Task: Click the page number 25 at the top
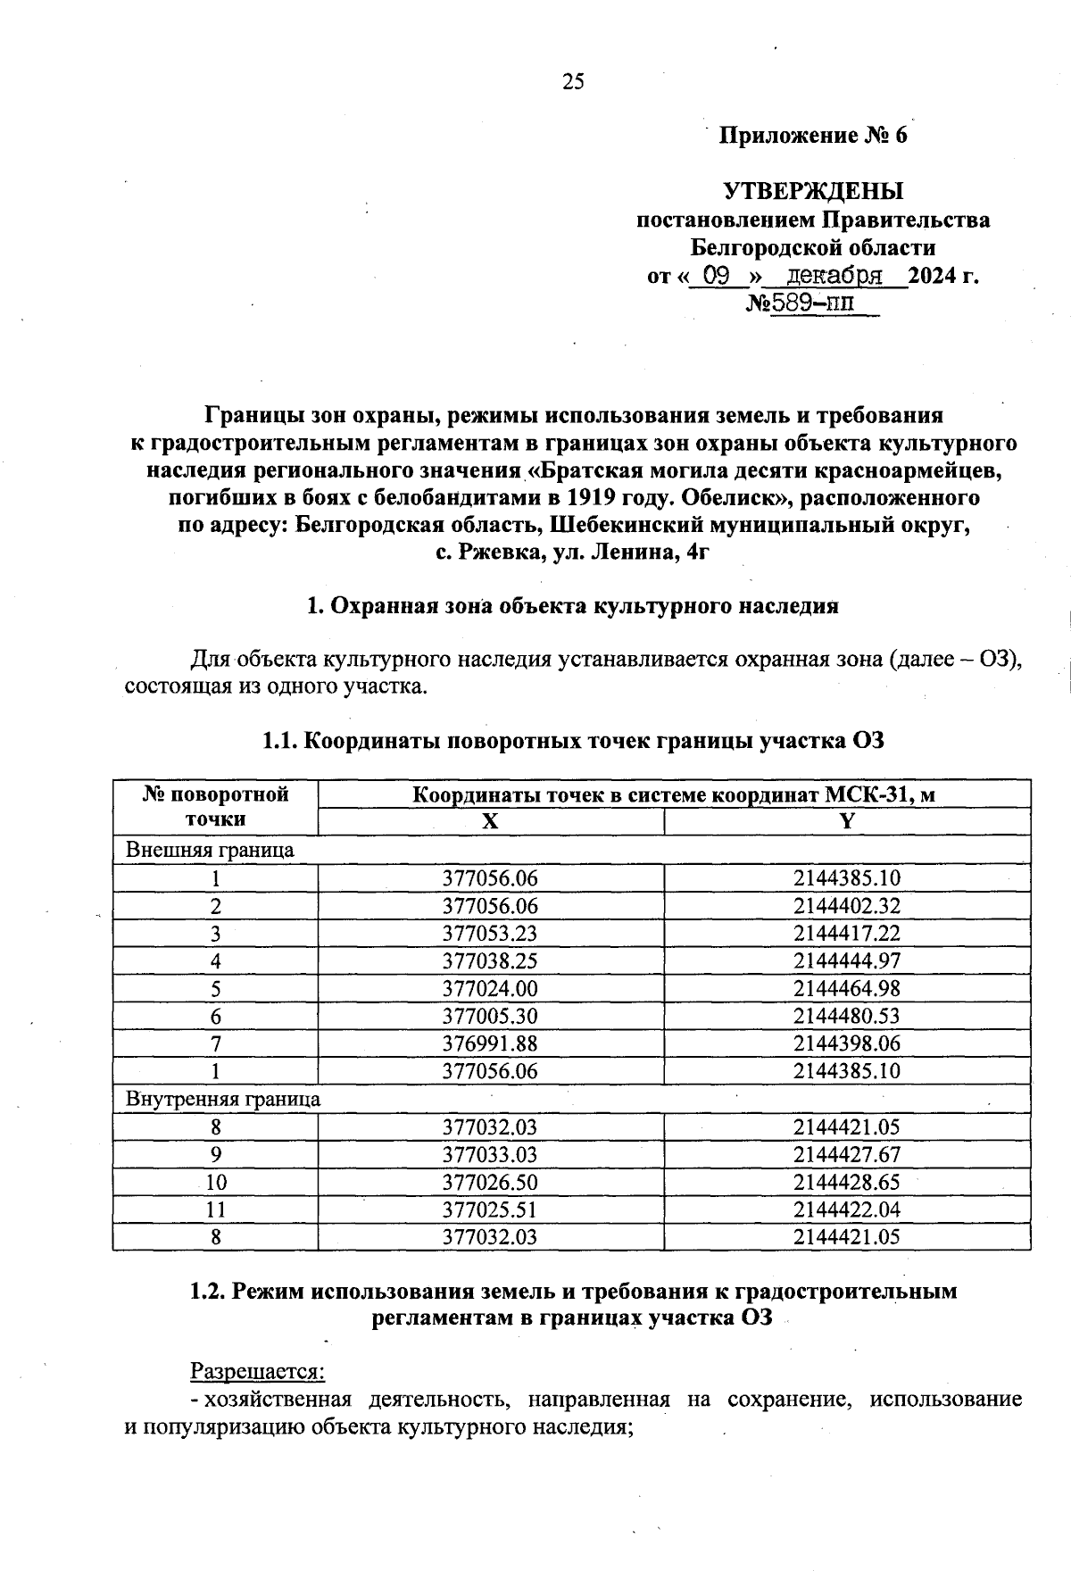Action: pyautogui.click(x=573, y=82)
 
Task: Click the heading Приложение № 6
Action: pyautogui.click(x=813, y=136)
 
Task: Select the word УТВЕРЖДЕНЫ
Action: pyautogui.click(x=813, y=191)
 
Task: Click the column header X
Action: pyautogui.click(x=490, y=821)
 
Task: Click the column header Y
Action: pyautogui.click(x=847, y=821)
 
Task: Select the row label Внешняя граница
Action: pyautogui.click(x=210, y=850)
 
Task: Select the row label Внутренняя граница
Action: pyautogui.click(x=223, y=1099)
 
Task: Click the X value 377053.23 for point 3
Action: pyautogui.click(x=490, y=934)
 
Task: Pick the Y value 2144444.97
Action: pyautogui.click(x=847, y=961)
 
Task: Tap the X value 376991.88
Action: pyautogui.click(x=490, y=1043)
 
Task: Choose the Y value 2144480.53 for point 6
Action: pyautogui.click(x=847, y=1016)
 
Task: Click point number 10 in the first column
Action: pyautogui.click(x=215, y=1183)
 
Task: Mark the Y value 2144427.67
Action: pyautogui.click(x=847, y=1155)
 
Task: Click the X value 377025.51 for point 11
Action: pyautogui.click(x=490, y=1210)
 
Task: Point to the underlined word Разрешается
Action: pyautogui.click(x=258, y=1371)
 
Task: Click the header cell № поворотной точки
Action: pyautogui.click(x=215, y=807)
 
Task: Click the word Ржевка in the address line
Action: pyautogui.click(x=494, y=553)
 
